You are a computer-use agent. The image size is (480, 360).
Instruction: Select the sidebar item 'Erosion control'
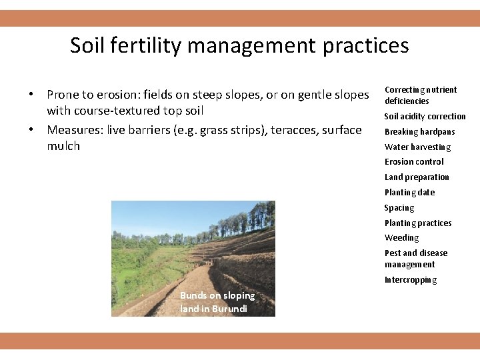pos(413,162)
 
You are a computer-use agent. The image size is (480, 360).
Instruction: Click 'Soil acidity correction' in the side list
pos(425,117)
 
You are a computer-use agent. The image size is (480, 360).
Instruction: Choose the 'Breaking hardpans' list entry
pos(419,132)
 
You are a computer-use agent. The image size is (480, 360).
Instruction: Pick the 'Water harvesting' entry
pos(417,147)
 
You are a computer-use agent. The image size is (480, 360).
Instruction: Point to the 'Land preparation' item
pos(417,177)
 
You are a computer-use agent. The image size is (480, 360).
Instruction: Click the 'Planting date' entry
pos(409,193)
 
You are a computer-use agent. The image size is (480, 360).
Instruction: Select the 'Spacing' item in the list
pos(399,208)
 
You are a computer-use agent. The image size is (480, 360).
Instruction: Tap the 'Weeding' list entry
pos(401,238)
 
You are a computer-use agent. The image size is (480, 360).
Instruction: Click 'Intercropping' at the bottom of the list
pos(411,280)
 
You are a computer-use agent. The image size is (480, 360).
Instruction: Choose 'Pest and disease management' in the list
pos(416,259)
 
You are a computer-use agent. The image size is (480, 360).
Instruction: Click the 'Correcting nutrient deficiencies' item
pos(421,95)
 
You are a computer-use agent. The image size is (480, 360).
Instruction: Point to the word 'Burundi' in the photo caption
pos(229,309)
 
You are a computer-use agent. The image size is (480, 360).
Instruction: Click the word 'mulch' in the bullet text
pos(63,146)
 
